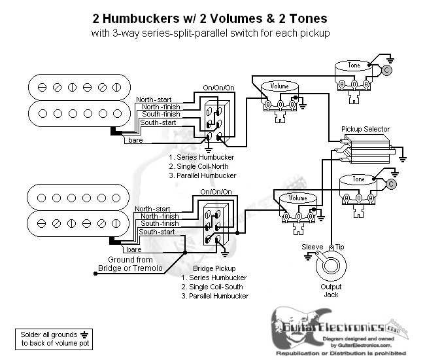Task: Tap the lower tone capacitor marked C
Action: tap(391, 185)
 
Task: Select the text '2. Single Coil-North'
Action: tap(200, 167)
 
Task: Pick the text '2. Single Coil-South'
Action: tap(212, 287)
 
